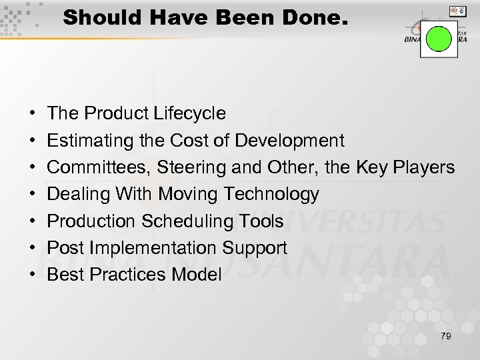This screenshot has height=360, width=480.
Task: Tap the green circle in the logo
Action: click(439, 39)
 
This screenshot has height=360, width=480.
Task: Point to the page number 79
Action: click(445, 336)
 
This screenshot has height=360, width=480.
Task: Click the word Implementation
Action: click(151, 248)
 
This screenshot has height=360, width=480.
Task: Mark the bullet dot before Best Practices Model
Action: click(33, 275)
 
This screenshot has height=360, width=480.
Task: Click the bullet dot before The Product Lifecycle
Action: click(33, 114)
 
